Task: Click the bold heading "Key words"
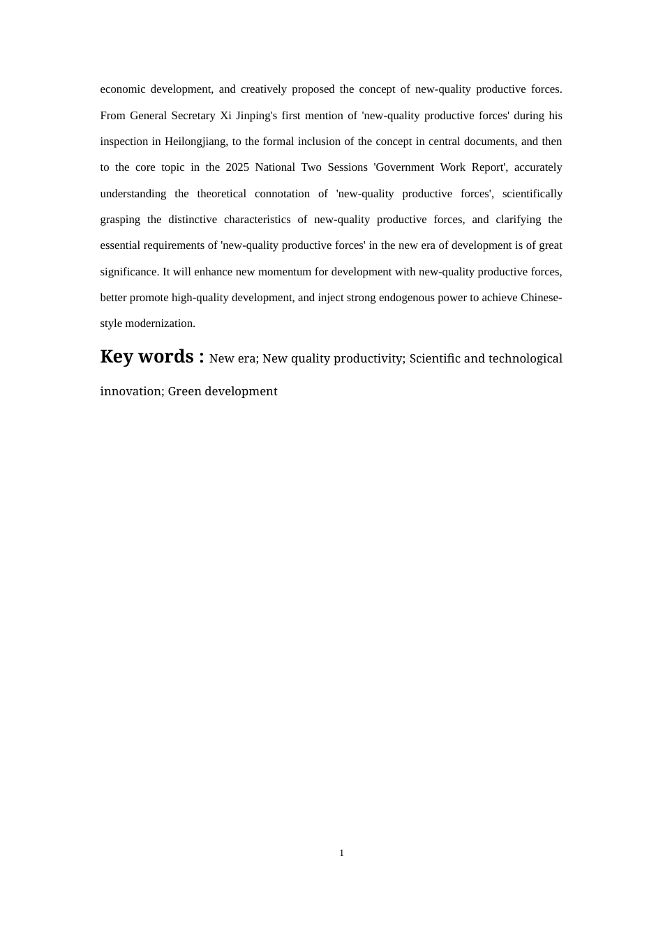147,357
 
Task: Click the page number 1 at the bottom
341,853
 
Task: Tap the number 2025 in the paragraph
237,167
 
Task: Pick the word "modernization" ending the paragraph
160,323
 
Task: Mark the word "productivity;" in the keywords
369,359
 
